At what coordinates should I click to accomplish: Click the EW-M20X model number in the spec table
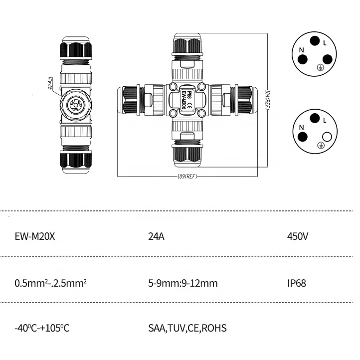35,236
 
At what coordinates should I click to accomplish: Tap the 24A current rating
157,236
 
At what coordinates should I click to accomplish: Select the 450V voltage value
298,236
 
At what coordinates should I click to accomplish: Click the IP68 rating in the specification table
297,283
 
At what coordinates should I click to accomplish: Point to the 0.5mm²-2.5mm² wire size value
51,283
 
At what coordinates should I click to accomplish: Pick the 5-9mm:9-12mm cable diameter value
182,283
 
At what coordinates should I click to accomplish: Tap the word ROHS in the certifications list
215,328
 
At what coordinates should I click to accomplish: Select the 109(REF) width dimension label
188,177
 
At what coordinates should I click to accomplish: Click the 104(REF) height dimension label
268,99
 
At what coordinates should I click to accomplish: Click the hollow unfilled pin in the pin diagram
328,136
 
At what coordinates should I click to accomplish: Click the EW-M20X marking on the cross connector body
184,100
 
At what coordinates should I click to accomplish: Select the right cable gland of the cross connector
244,100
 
